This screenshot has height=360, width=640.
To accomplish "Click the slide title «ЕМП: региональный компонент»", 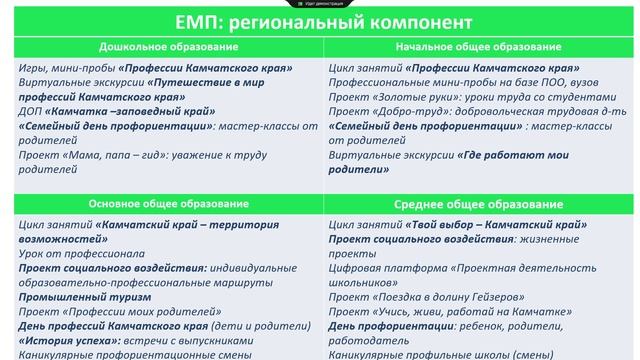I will tap(319, 23).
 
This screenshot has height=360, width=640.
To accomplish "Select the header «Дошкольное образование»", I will tap(160, 48).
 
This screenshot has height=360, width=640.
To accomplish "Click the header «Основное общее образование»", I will tap(161, 204).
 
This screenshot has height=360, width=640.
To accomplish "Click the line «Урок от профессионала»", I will tap(75, 255).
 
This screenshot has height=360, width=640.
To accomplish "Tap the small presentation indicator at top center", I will tap(319, 4).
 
